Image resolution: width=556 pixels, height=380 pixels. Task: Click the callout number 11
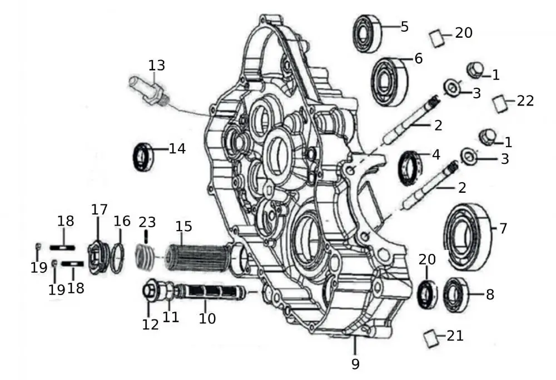pos(171,317)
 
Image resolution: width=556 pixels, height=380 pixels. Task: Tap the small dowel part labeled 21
pos(429,337)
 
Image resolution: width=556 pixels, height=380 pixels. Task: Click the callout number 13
pos(157,65)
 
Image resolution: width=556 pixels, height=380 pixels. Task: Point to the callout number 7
pos(503,228)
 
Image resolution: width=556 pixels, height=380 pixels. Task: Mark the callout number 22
pos(525,101)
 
